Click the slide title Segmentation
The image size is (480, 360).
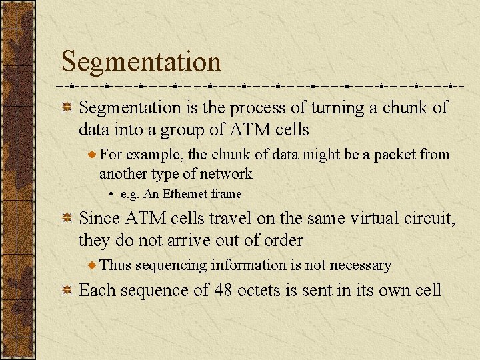141,62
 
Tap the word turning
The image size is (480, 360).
325,108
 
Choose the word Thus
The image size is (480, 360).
115,265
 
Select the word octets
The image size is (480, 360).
258,291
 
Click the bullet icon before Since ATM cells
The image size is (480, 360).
67,219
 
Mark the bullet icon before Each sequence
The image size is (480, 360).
67,291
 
